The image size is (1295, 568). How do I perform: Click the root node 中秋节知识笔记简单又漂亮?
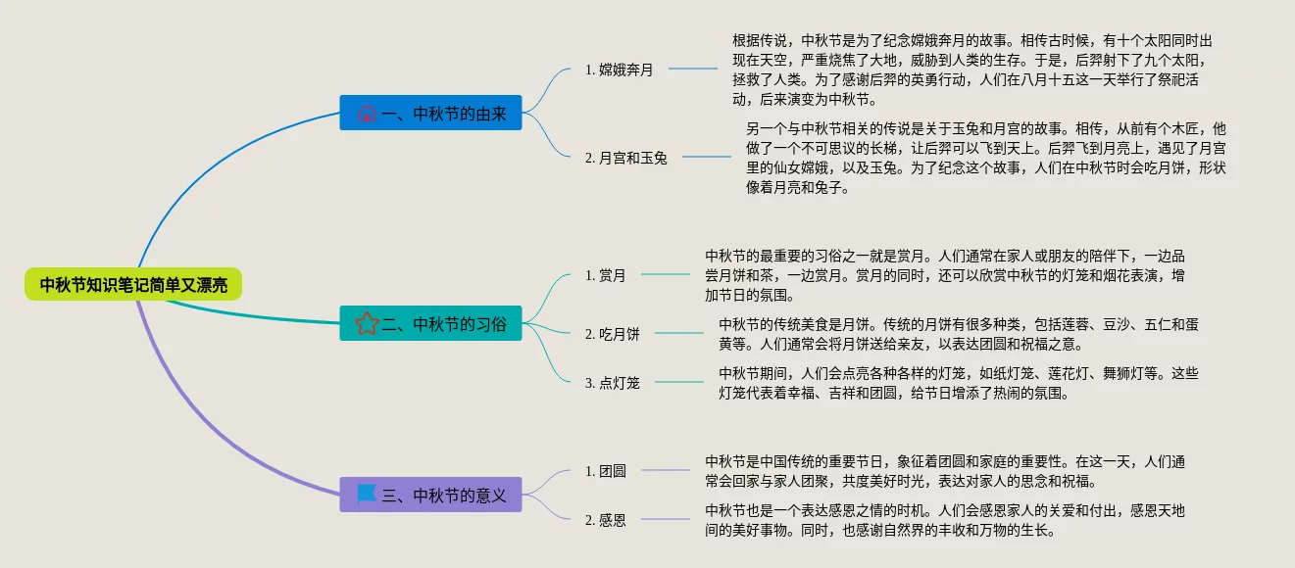pos(133,285)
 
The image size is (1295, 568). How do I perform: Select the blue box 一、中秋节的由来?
pos(430,113)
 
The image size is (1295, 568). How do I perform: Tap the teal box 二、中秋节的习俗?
pos(430,323)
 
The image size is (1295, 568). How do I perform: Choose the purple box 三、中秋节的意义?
pos(430,495)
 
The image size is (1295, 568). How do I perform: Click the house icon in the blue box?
pos(367,114)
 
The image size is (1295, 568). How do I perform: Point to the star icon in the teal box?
pos(367,323)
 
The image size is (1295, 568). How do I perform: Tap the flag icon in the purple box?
pos(367,494)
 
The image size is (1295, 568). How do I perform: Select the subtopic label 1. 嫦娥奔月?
pos(619,70)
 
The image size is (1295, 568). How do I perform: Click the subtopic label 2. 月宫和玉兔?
pos(625,158)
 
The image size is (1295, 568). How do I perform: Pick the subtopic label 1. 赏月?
pos(605,275)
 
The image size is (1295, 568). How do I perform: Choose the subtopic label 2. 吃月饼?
pos(612,334)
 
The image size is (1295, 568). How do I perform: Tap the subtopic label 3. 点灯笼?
pos(612,383)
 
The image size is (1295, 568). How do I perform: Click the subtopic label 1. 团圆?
pos(605,471)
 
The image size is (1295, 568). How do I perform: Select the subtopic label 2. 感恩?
pos(605,520)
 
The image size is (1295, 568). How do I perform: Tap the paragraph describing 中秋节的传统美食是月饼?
pos(958,334)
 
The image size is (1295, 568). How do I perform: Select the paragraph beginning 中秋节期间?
pos(958,383)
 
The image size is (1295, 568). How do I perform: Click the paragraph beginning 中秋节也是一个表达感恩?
pos(944,520)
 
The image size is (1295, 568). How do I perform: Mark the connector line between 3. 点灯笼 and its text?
pos(679,382)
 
